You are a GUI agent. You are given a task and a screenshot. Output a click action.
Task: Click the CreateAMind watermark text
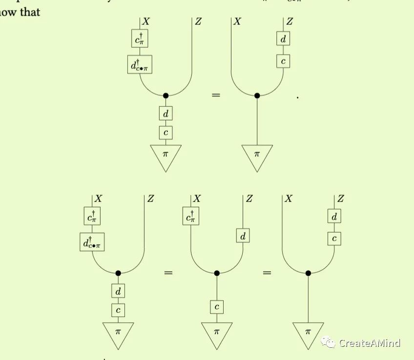coord(370,343)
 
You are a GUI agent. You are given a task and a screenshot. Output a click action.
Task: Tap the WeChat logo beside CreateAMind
coord(328,342)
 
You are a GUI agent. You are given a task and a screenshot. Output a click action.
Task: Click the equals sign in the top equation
coord(216,95)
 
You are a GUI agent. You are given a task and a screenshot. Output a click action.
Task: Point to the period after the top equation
coord(297,98)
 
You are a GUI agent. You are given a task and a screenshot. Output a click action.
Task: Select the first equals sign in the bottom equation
coord(168,273)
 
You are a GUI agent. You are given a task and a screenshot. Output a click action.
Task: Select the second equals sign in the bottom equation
coord(267,273)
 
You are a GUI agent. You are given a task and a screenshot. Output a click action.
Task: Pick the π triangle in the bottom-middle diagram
coord(217,334)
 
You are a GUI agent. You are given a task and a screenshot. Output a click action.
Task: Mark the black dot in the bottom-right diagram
coord(308,273)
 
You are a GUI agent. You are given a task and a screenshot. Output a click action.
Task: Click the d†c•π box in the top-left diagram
coord(140,64)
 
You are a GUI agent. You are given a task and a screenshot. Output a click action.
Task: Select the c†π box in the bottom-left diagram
coord(92,217)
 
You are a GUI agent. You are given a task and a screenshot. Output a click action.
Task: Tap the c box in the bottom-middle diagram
coord(217,307)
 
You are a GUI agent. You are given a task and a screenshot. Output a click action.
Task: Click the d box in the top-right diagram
coord(283,39)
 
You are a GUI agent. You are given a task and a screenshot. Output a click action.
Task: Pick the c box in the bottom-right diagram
coord(334,239)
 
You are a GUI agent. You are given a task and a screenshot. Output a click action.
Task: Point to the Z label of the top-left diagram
coord(198,21)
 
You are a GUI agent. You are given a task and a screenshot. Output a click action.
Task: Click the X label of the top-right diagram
coord(237,21)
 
